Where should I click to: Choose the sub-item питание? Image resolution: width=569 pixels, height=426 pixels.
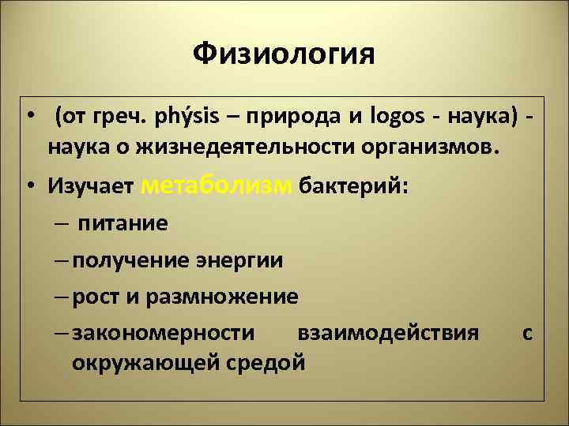(x=122, y=223)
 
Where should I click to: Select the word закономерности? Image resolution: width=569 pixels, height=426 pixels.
(x=164, y=334)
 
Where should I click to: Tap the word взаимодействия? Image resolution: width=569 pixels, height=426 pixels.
(x=388, y=334)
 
